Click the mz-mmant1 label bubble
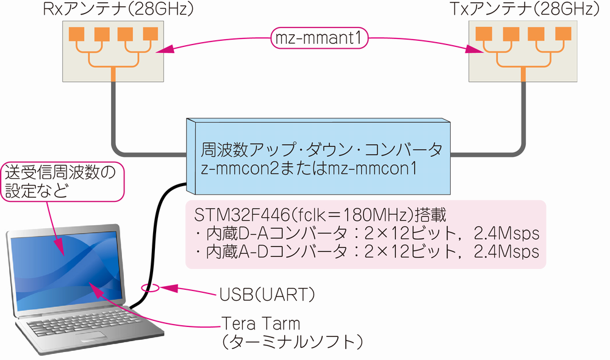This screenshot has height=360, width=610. coord(320,38)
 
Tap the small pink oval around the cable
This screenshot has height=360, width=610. coord(150,287)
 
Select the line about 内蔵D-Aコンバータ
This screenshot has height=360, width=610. coord(366,234)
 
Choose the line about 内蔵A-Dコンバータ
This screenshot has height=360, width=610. coord(366,251)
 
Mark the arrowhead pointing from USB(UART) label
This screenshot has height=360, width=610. coord(170,287)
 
